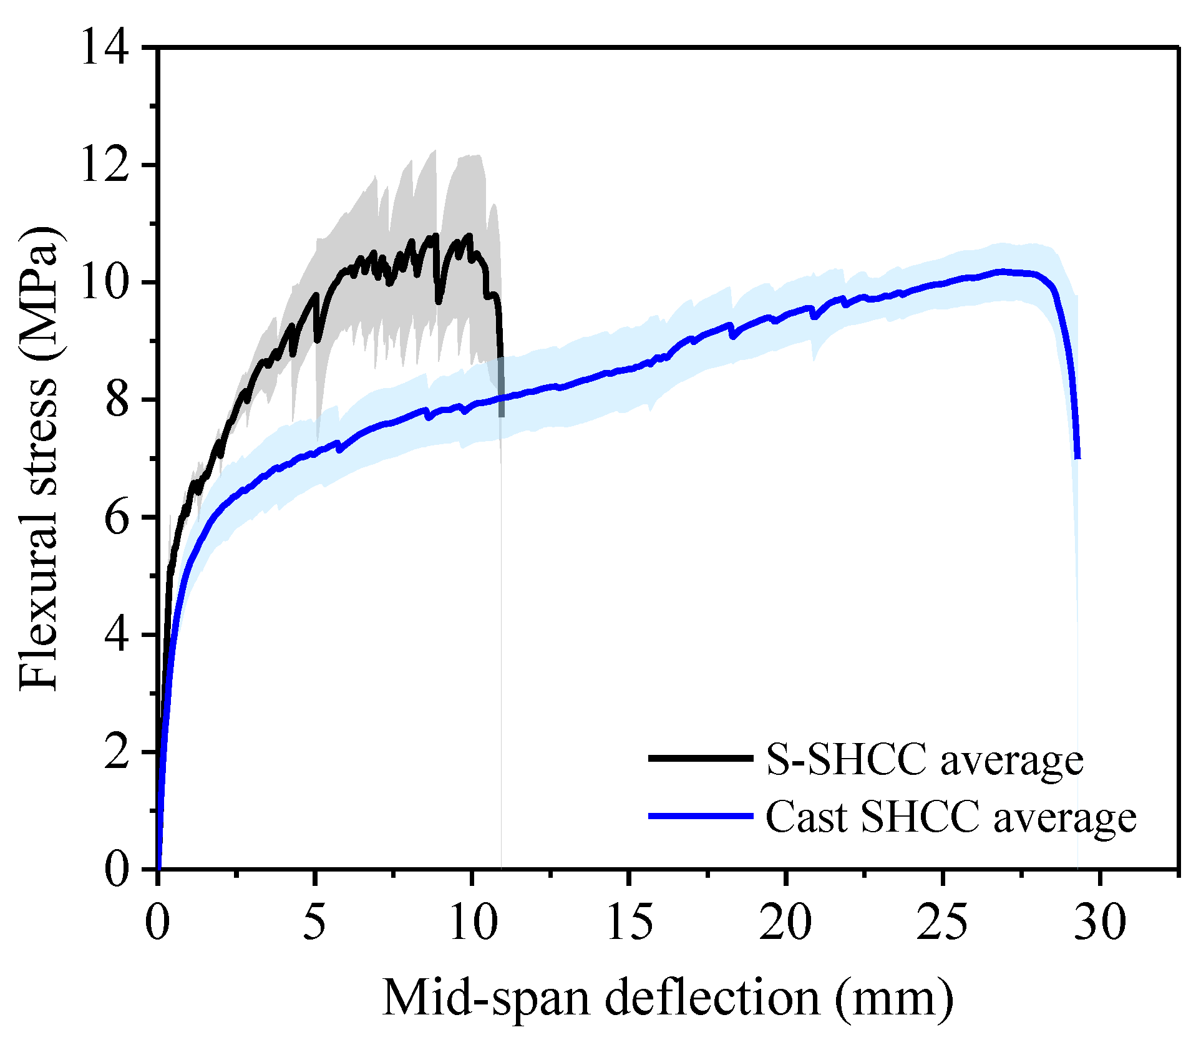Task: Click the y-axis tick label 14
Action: point(104,48)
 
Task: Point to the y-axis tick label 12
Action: point(104,165)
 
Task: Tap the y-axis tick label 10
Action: point(104,283)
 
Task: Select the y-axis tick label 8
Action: point(117,400)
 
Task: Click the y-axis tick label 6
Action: point(117,517)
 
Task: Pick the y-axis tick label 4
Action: point(117,634)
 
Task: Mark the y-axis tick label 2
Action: point(117,752)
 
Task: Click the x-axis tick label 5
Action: point(314,922)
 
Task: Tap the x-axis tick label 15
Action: point(629,922)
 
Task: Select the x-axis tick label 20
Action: point(785,922)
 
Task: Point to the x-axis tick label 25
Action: point(943,922)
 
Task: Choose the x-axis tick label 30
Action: point(1100,922)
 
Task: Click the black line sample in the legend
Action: point(701,758)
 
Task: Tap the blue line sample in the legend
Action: point(701,816)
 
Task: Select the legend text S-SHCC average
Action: point(925,760)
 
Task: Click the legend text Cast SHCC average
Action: point(951,817)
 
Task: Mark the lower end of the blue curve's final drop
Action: point(1077,458)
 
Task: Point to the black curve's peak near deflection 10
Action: point(469,235)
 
